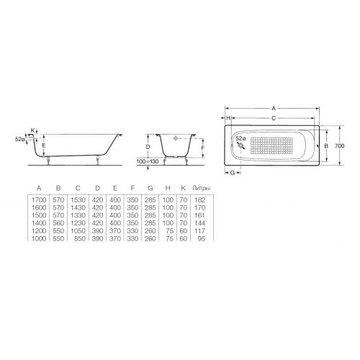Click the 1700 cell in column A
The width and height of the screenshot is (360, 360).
39,199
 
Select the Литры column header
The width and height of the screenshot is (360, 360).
201,188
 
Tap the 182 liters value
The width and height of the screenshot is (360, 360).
200,199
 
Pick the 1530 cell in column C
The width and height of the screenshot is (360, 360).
78,199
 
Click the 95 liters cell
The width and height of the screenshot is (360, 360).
202,238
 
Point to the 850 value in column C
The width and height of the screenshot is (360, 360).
80,238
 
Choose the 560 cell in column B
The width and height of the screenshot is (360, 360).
58,223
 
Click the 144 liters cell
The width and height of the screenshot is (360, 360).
200,223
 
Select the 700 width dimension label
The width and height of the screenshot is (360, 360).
340,145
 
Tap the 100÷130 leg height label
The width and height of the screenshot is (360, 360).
148,161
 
